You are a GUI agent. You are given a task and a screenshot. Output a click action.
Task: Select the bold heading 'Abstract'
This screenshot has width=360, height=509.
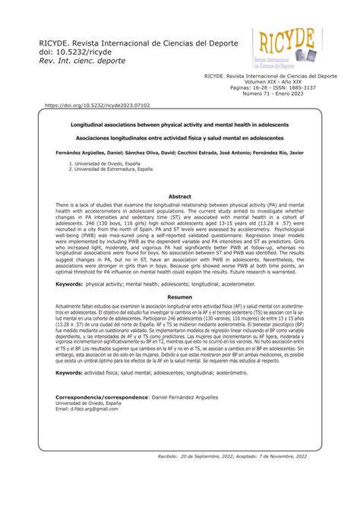(x=179, y=197)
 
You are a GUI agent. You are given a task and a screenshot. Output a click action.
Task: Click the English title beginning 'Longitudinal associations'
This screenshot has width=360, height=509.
(x=179, y=124)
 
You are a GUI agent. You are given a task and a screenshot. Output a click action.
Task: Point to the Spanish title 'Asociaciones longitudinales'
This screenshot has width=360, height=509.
(x=179, y=138)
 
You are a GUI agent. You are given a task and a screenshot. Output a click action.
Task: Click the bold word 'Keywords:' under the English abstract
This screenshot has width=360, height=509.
(x=69, y=283)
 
